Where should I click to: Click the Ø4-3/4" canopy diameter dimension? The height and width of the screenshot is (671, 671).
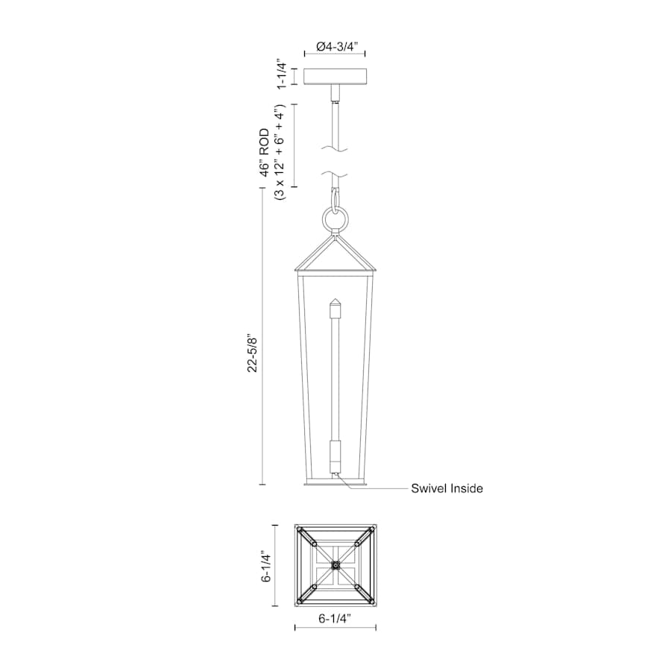pyautogui.click(x=336, y=46)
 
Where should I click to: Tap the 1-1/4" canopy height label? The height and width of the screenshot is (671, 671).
pyautogui.click(x=282, y=75)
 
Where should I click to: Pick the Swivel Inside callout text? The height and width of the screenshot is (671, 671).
pyautogui.click(x=447, y=488)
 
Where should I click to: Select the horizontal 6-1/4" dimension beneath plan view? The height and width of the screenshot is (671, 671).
pyautogui.click(x=335, y=618)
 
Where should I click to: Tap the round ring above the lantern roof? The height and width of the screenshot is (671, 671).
pyautogui.click(x=335, y=221)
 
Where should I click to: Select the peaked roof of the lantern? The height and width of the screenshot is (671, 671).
pyautogui.click(x=335, y=253)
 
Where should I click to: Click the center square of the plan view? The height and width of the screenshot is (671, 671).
pyautogui.click(x=335, y=567)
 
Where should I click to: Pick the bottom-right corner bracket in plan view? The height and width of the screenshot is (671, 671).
pyautogui.click(x=365, y=595)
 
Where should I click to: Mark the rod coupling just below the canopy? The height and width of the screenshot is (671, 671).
pyautogui.click(x=335, y=95)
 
